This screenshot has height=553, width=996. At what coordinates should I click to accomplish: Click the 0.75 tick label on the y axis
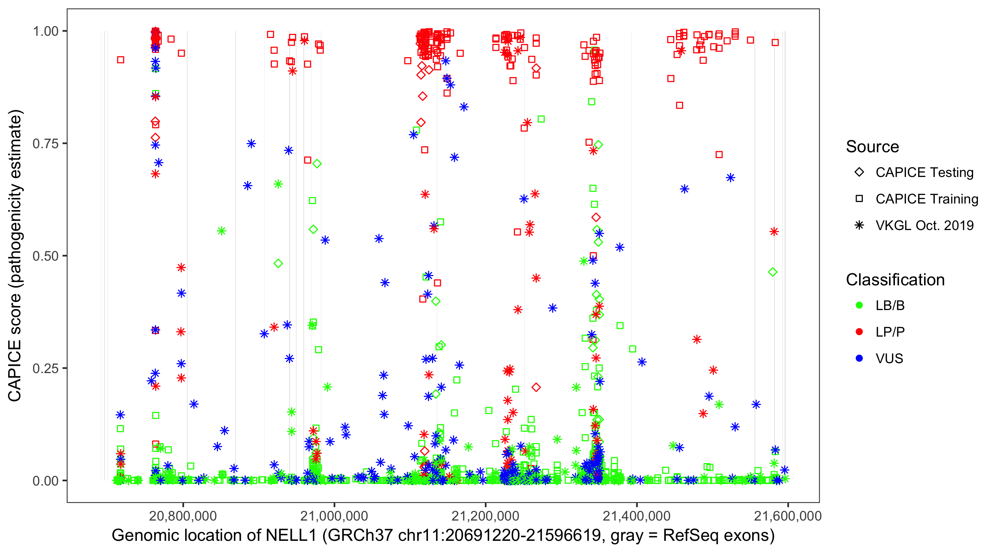[45, 144]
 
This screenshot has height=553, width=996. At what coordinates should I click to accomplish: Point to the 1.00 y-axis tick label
[45, 31]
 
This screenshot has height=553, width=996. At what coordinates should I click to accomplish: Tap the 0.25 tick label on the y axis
[45, 368]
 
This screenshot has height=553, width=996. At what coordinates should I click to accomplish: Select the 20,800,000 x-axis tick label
[183, 516]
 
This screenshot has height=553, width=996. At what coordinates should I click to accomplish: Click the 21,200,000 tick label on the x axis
[485, 516]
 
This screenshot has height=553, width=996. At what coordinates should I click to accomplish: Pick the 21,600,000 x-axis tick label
[788, 516]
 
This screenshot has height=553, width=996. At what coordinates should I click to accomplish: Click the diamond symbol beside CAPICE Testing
[859, 173]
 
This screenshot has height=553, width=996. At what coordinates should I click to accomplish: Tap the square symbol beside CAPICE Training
[859, 199]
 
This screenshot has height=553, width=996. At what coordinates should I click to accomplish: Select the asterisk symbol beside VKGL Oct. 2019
[859, 225]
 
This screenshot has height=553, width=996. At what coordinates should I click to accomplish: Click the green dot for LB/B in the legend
[859, 306]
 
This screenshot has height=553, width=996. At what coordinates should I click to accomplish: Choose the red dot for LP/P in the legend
[859, 332]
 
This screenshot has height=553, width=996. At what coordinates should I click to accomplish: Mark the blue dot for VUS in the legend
[859, 359]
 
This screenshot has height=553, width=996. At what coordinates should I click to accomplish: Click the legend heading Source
[872, 147]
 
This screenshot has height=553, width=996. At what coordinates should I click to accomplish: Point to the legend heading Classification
[895, 280]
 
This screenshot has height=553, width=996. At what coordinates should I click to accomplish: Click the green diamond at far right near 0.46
[772, 272]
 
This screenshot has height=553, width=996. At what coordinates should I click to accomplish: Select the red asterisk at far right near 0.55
[774, 232]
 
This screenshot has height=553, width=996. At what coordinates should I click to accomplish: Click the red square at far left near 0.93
[121, 60]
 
